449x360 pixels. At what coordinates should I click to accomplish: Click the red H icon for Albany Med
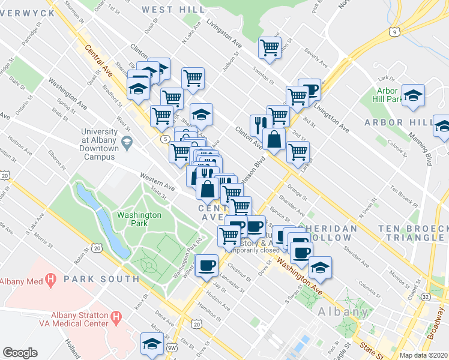(x=51, y=280)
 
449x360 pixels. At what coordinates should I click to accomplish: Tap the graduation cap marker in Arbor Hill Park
(x=412, y=95)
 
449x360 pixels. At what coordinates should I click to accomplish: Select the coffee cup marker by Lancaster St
(x=206, y=265)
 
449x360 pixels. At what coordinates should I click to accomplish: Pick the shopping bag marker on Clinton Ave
(x=274, y=139)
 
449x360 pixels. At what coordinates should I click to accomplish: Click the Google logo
(x=20, y=353)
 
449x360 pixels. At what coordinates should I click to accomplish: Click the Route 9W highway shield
(x=172, y=348)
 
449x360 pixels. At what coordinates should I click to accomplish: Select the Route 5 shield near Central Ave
(x=164, y=139)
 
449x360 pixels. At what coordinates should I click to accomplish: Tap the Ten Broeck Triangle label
(x=414, y=233)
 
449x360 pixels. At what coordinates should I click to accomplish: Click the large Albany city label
(x=343, y=311)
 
